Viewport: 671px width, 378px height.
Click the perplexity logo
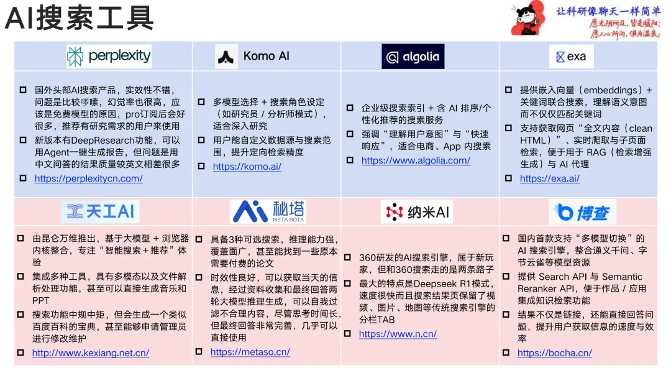click(x=109, y=57)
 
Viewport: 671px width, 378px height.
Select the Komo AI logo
click(x=253, y=57)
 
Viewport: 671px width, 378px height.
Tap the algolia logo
click(x=413, y=57)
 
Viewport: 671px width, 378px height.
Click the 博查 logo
click(x=582, y=213)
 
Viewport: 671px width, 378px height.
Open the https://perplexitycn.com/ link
click(x=89, y=178)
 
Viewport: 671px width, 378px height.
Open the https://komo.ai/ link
click(x=247, y=167)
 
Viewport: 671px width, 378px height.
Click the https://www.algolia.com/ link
click(x=416, y=160)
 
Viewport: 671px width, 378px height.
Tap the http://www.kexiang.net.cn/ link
click(x=91, y=353)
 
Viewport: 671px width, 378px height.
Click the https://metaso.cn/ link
click(x=250, y=352)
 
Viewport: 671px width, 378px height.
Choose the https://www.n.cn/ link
click(x=398, y=334)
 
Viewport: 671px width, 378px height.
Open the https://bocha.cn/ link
click(x=555, y=353)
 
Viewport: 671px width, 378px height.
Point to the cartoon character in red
click(x=527, y=21)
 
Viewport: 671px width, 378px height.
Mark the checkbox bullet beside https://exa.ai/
click(x=509, y=178)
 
